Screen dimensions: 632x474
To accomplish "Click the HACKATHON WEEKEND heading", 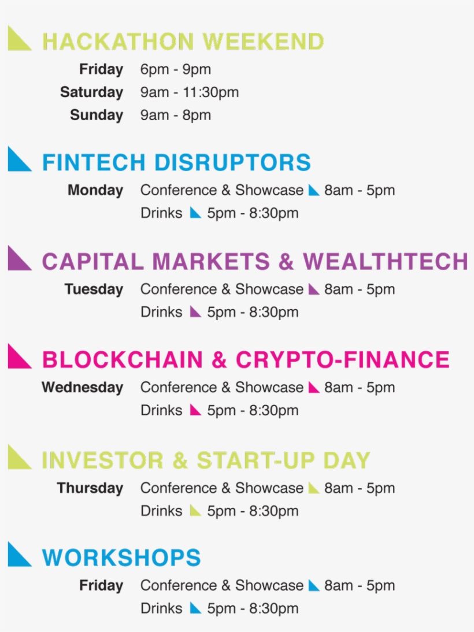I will click(183, 42).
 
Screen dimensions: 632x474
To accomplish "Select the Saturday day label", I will click(91, 92).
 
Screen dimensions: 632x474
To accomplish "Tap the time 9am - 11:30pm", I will click(189, 92).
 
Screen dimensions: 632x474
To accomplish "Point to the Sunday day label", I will click(97, 115).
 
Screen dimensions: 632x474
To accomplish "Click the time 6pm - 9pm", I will click(175, 70).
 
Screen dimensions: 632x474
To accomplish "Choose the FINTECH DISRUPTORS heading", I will click(176, 163).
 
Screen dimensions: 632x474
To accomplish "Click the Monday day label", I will click(95, 190).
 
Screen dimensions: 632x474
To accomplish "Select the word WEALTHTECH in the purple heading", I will click(385, 262).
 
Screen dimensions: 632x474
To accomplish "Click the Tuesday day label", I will click(94, 289).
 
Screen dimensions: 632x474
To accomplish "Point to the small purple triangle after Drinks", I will click(195, 312).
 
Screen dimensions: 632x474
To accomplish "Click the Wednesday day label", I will click(82, 387).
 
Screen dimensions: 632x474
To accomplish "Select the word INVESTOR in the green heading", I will click(102, 460).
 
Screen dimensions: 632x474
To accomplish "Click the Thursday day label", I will click(90, 488).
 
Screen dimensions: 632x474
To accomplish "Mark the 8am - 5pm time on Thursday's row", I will click(359, 488).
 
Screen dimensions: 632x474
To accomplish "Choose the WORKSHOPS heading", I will click(121, 558).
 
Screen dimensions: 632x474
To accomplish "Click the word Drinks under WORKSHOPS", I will click(161, 608).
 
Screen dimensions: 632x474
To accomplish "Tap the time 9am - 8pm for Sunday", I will click(175, 115).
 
